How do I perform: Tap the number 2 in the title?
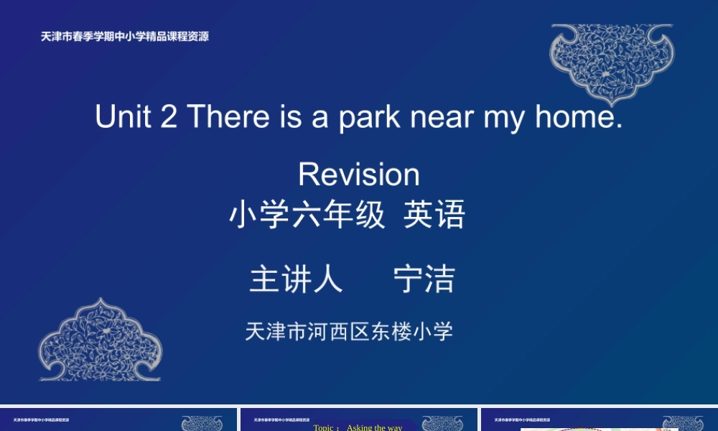(169, 116)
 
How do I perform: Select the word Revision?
(359, 175)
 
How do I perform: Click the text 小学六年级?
(307, 215)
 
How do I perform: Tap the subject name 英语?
(434, 215)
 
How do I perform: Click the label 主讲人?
(296, 279)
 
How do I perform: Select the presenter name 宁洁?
(424, 279)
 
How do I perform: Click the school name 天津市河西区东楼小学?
(349, 331)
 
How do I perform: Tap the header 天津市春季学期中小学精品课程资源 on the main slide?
(124, 37)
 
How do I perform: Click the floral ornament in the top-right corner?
(612, 61)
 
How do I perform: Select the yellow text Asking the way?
(374, 427)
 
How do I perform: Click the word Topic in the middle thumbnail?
(324, 427)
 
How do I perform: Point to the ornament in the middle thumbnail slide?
(442, 424)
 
